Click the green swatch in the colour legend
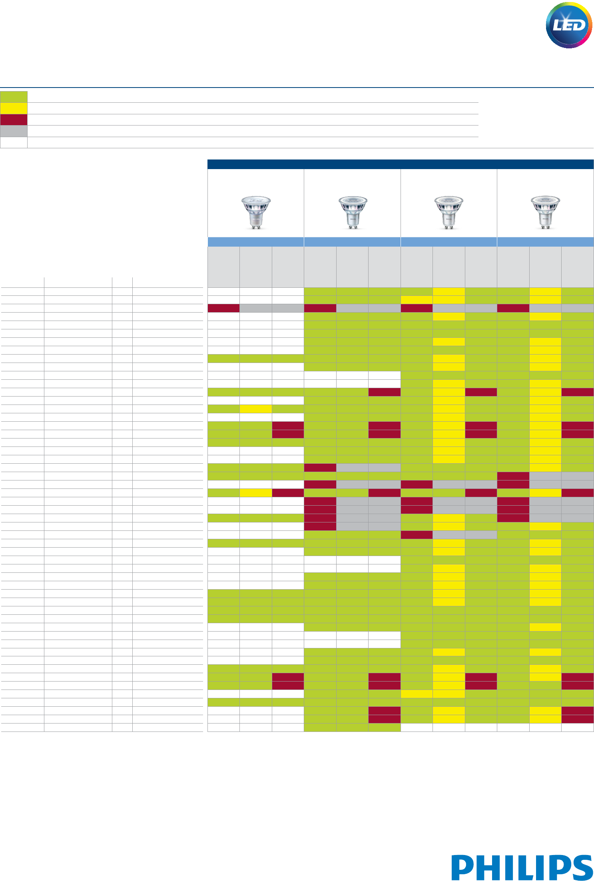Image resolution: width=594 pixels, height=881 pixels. point(14,97)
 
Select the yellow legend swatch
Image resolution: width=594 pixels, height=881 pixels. point(14,108)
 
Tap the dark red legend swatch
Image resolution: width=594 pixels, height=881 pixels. point(14,120)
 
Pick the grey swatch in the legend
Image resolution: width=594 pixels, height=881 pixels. point(14,131)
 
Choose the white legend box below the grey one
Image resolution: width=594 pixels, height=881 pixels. point(14,143)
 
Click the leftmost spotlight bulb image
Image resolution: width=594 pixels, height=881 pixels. point(256,212)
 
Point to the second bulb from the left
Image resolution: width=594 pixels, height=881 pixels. point(353,212)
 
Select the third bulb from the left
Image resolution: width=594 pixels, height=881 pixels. point(449,212)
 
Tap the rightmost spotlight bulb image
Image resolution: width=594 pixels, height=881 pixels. point(545,212)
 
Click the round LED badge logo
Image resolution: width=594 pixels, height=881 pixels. point(569,26)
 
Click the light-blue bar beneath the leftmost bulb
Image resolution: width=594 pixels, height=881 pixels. point(256,242)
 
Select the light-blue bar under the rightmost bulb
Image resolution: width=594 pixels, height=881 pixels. point(545,242)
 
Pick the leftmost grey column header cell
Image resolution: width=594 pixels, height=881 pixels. point(223,267)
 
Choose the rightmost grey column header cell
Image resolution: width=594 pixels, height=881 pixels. point(578,267)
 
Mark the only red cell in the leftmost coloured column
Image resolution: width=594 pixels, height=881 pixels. point(223,308)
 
